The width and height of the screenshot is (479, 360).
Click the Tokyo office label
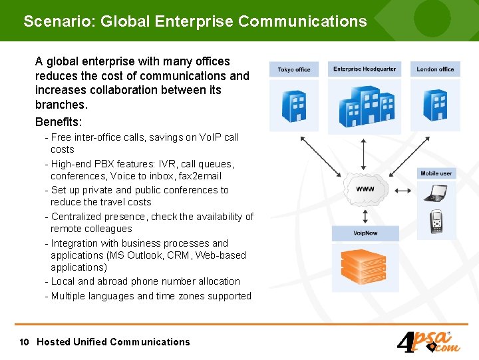(x=294, y=69)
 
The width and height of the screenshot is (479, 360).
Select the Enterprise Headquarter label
(x=365, y=69)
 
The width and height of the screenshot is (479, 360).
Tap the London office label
(x=435, y=69)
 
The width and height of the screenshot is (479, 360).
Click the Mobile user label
(x=436, y=173)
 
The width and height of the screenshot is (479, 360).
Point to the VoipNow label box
(x=365, y=233)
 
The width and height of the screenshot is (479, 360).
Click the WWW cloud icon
(x=365, y=189)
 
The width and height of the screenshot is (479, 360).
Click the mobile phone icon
(x=436, y=221)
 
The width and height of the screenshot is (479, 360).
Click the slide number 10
(x=25, y=342)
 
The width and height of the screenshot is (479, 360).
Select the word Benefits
(x=58, y=123)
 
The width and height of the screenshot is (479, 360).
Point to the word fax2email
(x=199, y=176)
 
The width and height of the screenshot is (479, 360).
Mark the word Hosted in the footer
(x=53, y=342)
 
